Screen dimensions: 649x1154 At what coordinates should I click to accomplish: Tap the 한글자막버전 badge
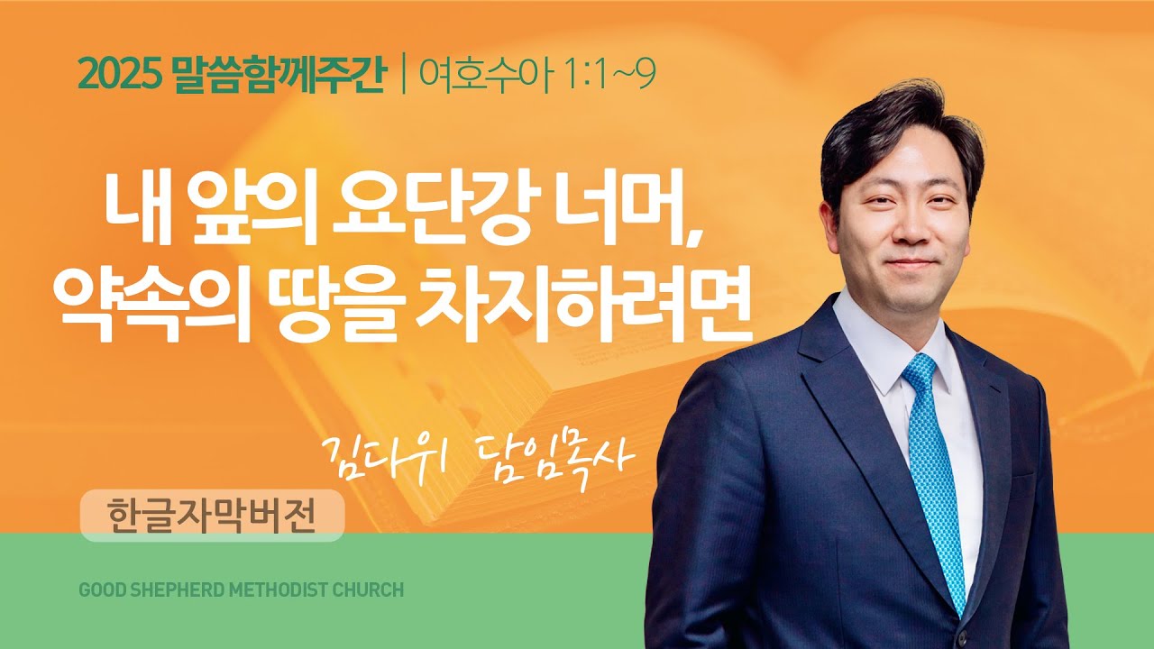click(212, 516)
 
